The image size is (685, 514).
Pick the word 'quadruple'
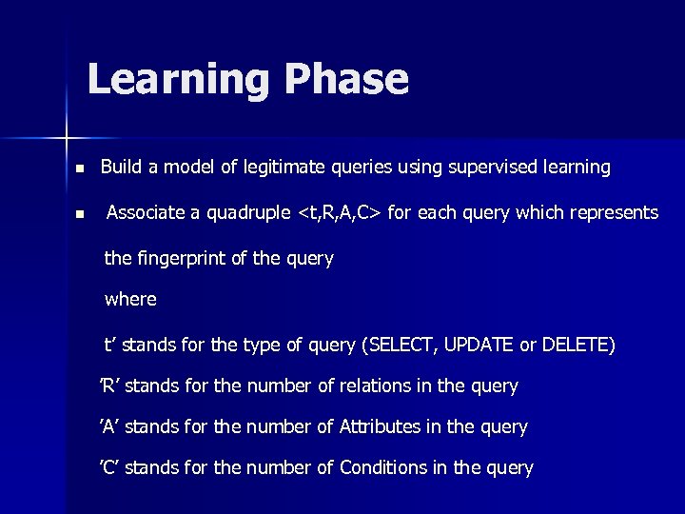[250, 213]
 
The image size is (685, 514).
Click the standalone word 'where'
[130, 299]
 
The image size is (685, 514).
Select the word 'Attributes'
[380, 427]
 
